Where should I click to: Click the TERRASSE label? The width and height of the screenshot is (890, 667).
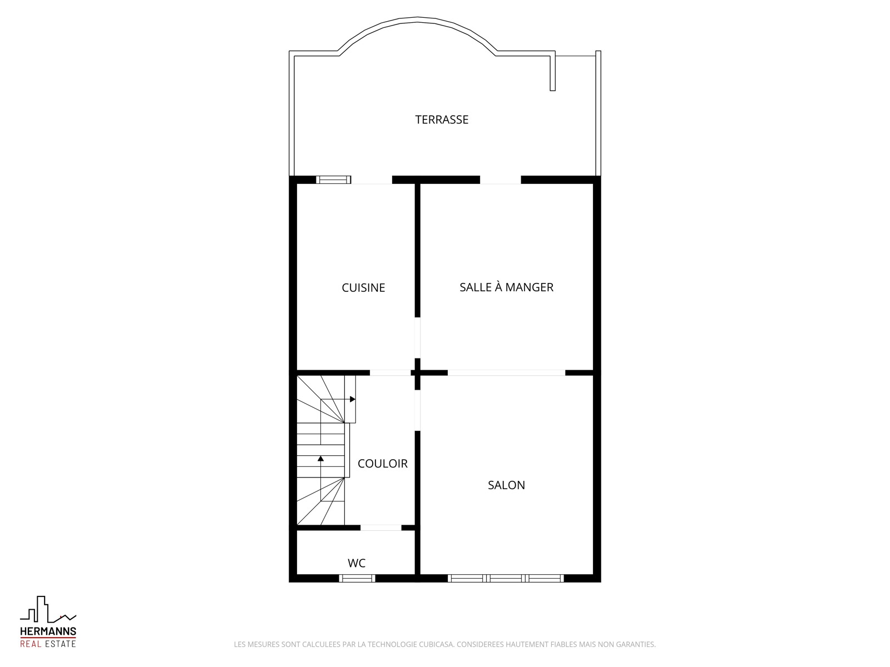442,120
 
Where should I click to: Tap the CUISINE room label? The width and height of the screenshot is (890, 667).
363,287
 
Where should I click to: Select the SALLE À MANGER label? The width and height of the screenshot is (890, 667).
506,287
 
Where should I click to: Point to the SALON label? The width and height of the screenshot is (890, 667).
506,485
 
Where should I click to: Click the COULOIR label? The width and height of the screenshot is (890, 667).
382,464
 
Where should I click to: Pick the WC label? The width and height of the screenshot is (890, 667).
357,563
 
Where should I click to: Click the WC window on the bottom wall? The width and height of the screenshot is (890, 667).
357,578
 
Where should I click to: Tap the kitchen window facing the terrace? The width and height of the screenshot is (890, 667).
333,180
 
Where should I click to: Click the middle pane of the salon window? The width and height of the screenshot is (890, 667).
506,578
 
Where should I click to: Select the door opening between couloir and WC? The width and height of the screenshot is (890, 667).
380,527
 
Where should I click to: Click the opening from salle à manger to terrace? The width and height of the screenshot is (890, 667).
500,180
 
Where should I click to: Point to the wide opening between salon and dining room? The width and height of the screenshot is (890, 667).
506,372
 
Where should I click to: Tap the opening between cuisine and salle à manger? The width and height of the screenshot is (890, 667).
417,338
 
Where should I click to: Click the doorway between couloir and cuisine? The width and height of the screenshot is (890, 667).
390,372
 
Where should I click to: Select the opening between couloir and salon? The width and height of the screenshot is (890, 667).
417,410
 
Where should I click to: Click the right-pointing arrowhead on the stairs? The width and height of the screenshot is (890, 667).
353,399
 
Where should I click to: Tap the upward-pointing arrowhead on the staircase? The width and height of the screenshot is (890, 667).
321,459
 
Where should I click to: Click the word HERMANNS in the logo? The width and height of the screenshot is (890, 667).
48,631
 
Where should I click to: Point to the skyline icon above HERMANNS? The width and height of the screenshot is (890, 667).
48,610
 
